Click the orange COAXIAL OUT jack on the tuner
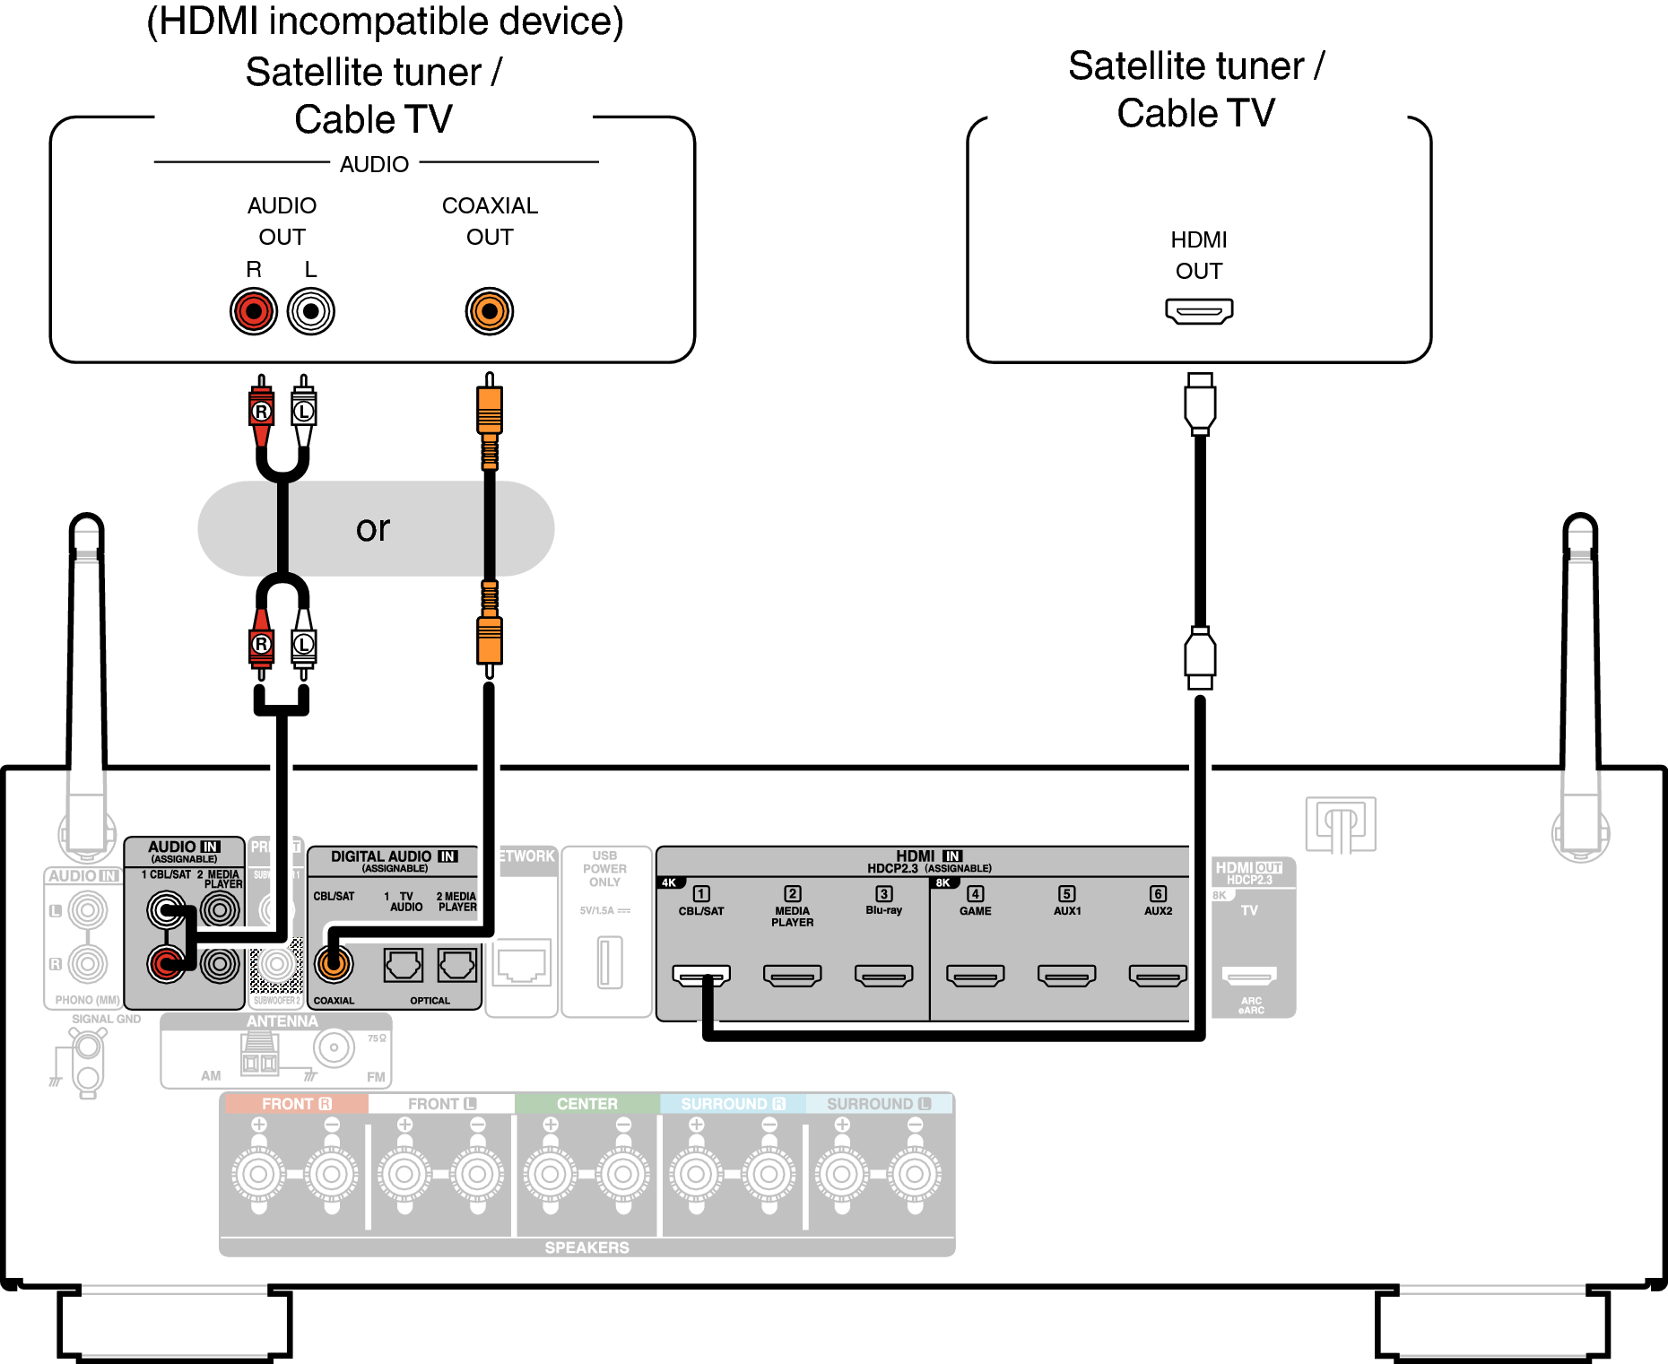[489, 311]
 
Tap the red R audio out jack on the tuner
[254, 311]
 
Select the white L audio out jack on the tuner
[310, 311]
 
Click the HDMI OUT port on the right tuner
[1199, 311]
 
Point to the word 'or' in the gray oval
[373, 528]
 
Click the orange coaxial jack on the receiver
[334, 965]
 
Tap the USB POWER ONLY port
[610, 961]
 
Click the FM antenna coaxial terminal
[334, 1047]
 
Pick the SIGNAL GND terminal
[87, 1047]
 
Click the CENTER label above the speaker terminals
[586, 1104]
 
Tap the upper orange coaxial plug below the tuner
[489, 411]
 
